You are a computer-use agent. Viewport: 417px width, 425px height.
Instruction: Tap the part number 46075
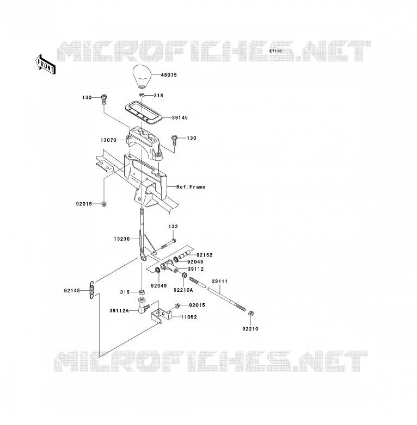point(169,75)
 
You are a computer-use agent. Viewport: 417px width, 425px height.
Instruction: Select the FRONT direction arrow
point(46,65)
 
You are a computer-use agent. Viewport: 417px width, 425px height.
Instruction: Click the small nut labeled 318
point(142,95)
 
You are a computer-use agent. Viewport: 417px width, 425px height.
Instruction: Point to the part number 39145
point(180,117)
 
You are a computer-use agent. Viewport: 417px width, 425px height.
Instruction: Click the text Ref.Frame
point(191,187)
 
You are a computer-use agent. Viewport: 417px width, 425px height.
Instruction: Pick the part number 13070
point(108,140)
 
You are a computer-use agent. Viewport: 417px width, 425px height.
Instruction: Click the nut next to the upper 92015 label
point(103,204)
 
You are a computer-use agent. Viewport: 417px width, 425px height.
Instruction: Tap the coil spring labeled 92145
point(92,290)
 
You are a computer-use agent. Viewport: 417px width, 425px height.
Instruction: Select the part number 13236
point(121,239)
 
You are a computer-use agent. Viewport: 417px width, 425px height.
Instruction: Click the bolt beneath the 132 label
point(168,243)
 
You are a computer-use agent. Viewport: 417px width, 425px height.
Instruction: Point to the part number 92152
point(205,255)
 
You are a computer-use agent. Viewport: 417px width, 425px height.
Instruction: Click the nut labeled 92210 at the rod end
point(251,314)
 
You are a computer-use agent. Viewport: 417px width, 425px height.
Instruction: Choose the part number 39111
point(219,282)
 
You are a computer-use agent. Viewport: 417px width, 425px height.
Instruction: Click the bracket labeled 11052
point(161,315)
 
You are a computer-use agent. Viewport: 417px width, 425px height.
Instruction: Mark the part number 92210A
point(183,290)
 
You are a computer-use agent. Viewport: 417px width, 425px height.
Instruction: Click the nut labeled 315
point(142,292)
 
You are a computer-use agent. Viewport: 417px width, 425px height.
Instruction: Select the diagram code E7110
point(275,51)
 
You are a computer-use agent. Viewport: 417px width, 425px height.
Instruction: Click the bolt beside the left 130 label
point(104,99)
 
